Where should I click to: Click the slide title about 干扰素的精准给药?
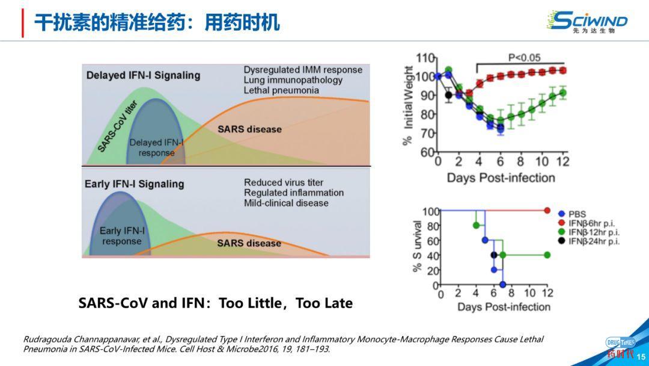[156, 23]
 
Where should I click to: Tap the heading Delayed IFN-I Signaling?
[143, 76]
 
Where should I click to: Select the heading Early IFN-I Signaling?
[134, 184]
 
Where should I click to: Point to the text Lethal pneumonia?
[281, 90]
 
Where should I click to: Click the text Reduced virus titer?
[283, 182]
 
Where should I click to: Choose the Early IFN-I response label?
[122, 236]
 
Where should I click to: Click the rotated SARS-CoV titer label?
[118, 126]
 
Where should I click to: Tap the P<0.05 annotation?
[524, 58]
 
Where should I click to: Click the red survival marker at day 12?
[547, 210]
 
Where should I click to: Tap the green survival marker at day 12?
[547, 255]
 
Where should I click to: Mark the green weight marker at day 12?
[562, 93]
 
